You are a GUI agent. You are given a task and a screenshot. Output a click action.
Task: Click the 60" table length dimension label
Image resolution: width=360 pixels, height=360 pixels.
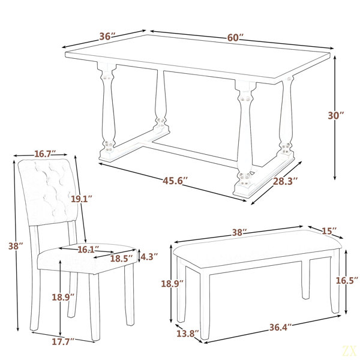click(x=235, y=37)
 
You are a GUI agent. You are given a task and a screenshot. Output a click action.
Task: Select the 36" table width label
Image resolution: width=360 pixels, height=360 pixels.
click(x=107, y=36)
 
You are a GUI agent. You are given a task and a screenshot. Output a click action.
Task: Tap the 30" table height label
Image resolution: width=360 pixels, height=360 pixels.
click(x=336, y=115)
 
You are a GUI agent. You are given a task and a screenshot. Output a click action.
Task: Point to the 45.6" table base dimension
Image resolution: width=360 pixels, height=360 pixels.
click(x=175, y=181)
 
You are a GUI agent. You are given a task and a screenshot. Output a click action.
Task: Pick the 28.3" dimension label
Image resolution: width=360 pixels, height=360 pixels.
click(x=285, y=181)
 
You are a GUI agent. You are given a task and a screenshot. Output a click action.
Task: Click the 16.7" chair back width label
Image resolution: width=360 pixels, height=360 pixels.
click(x=45, y=154)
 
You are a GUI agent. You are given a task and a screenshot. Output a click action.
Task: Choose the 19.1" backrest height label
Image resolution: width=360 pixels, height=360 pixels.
click(x=81, y=199)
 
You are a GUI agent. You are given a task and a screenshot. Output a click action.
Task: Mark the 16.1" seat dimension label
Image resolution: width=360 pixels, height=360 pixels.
click(x=88, y=250)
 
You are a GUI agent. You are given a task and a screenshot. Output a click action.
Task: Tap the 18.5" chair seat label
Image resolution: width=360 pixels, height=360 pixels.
click(x=122, y=259)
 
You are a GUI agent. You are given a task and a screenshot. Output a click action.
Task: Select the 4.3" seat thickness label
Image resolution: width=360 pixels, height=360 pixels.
click(x=149, y=257)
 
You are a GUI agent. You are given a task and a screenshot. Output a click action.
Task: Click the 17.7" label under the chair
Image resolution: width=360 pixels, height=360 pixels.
click(x=63, y=341)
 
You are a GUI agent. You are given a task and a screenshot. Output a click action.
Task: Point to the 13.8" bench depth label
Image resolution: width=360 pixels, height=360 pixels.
click(x=188, y=334)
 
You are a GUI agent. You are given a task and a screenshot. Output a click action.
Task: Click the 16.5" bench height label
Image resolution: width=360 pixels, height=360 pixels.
click(x=347, y=280)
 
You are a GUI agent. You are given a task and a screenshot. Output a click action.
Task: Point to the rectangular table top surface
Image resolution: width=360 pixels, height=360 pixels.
click(x=197, y=59)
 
